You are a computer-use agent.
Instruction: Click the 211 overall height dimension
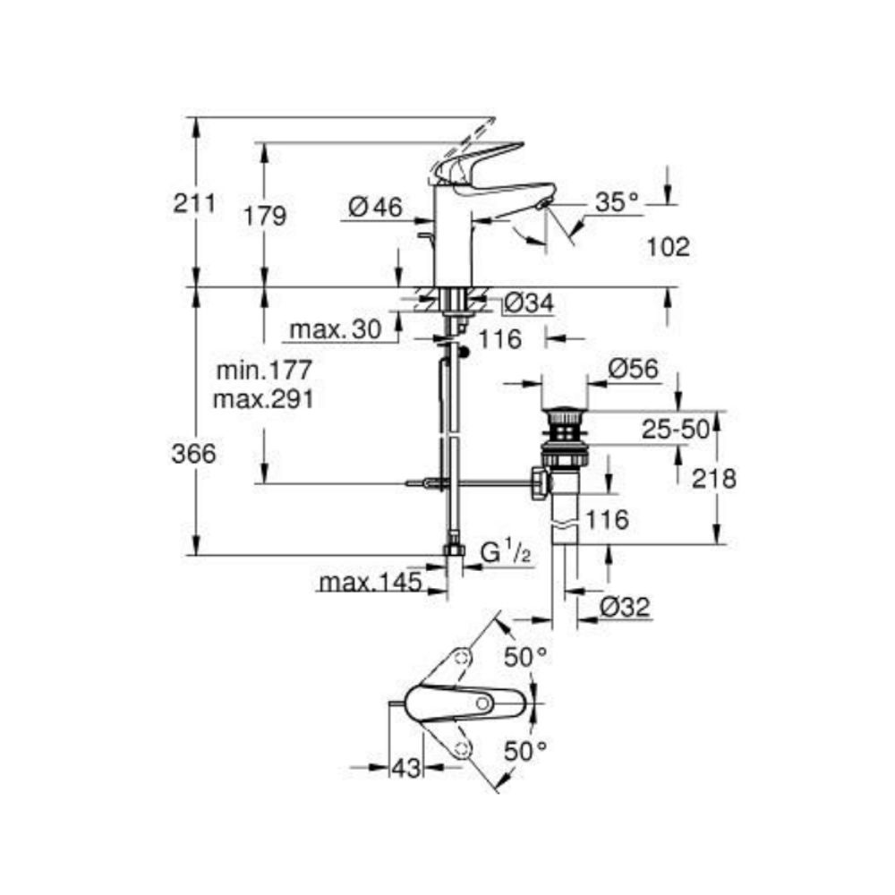pyautogui.click(x=194, y=203)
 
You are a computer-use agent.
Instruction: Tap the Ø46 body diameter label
pyautogui.click(x=374, y=208)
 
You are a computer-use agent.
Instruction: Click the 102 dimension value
pyautogui.click(x=668, y=247)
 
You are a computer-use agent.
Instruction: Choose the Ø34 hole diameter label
pyautogui.click(x=527, y=304)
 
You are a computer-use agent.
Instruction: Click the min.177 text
pyautogui.click(x=263, y=370)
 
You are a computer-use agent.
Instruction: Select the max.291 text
pyautogui.click(x=263, y=399)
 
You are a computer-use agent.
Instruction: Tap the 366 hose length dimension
pyautogui.click(x=194, y=454)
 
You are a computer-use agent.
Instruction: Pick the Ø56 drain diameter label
pyautogui.click(x=632, y=368)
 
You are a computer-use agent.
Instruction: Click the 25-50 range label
pyautogui.click(x=675, y=430)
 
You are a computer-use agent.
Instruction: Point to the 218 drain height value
pyautogui.click(x=713, y=479)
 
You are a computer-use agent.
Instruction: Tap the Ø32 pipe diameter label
pyautogui.click(x=624, y=607)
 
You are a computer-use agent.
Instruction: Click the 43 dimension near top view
pyautogui.click(x=405, y=767)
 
